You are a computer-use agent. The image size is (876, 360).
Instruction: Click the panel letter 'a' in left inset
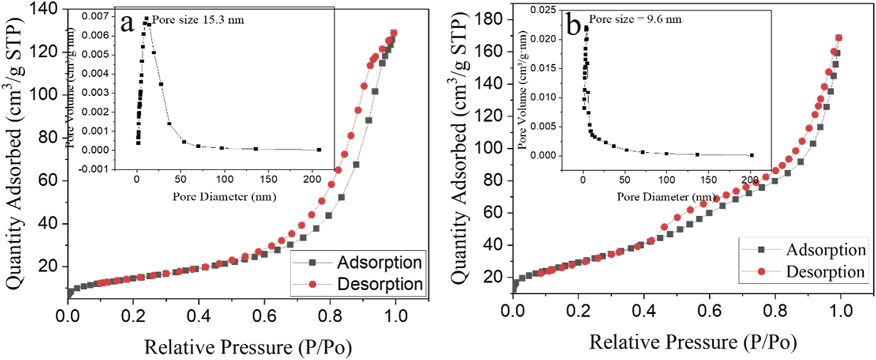(128, 23)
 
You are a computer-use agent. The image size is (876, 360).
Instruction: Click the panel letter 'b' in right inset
(573, 25)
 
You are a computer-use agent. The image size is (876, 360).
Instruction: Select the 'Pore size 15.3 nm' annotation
(198, 20)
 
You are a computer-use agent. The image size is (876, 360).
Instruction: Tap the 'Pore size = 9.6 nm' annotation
(635, 19)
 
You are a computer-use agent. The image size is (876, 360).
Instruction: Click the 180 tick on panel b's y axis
(489, 19)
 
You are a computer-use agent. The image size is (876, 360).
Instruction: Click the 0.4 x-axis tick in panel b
(644, 311)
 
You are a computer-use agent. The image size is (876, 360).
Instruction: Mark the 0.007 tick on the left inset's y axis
(95, 16)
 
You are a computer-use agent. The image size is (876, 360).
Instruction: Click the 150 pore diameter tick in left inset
(269, 179)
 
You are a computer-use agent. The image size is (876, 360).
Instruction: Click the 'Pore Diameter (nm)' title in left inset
(224, 197)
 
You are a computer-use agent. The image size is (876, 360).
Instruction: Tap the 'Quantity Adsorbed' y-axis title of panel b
(459, 148)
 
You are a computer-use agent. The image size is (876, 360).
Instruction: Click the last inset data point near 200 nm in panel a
(319, 149)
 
